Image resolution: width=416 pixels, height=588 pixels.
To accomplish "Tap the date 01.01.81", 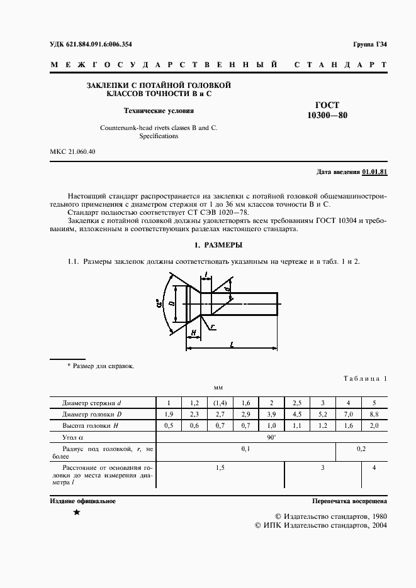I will coord(374,172).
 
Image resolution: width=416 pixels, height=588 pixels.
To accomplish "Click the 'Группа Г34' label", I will coord(371,44).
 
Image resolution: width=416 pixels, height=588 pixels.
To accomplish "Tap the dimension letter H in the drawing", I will coord(193,332).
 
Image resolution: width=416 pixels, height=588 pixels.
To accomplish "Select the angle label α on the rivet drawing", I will coord(159,307).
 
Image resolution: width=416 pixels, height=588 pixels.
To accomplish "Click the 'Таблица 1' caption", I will coord(365,378).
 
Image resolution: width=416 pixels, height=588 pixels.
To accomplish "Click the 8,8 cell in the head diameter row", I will coord(374,415).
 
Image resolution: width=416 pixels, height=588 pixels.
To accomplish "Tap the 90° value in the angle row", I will coord(271,437).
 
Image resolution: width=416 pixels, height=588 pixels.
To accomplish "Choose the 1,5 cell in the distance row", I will coord(220,468).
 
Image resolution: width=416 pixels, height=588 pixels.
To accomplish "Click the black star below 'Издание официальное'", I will coord(77,513).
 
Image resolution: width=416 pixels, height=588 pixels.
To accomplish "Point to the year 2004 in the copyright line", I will coord(376,524).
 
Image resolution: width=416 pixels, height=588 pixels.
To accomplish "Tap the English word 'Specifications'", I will coord(159,136).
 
